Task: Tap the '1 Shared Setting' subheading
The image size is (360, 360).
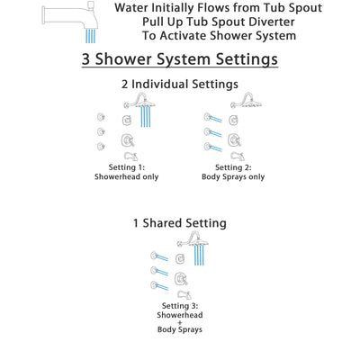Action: [x=179, y=222]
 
